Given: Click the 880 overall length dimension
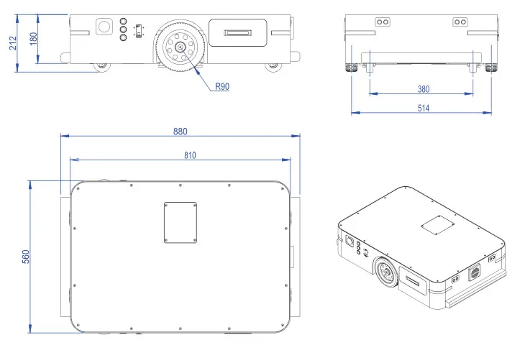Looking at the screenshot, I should coord(180,132).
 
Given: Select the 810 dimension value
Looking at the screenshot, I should coord(189,155).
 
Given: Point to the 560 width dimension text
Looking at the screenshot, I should coord(25,256).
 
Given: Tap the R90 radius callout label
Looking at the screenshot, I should coord(222,86).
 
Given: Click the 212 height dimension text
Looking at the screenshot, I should coord(13,43).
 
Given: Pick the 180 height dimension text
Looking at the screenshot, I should coord(33,38).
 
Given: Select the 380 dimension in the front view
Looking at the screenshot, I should coord(424,90).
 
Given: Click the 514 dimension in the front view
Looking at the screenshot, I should coord(423,109).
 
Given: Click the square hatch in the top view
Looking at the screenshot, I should coord(181,222).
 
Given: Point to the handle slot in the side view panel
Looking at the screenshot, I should coord(238,32).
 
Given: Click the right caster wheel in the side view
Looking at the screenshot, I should coord(273,67).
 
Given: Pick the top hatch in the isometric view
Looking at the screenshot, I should coord(437,224).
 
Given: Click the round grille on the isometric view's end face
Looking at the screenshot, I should coord(475,272).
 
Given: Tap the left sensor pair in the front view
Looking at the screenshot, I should coord(381,22).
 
